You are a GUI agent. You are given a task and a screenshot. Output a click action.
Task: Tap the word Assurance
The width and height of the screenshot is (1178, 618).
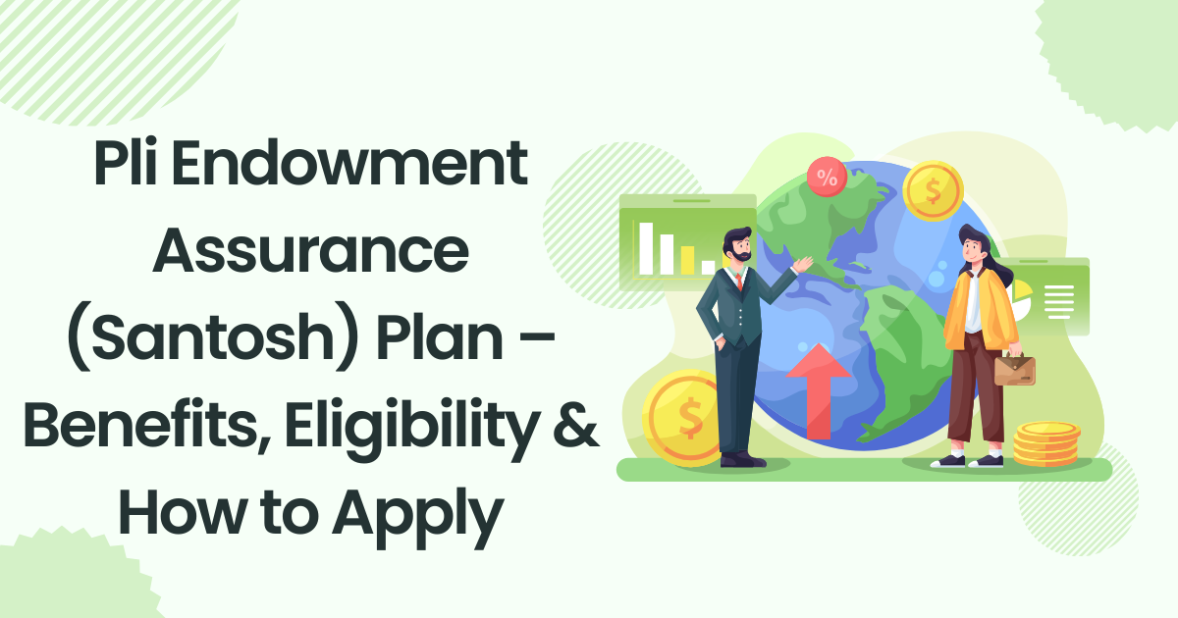310,253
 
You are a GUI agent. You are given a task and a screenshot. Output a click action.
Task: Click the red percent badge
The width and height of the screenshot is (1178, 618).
827,178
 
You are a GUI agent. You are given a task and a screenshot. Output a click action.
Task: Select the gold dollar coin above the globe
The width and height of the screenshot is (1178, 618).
933,191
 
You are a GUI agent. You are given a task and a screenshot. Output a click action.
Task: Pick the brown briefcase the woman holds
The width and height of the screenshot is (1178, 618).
1014,369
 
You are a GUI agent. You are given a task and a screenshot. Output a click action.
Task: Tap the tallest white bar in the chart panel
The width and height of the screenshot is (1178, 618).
646,247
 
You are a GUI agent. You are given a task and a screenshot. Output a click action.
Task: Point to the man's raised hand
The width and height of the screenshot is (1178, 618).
805,264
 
